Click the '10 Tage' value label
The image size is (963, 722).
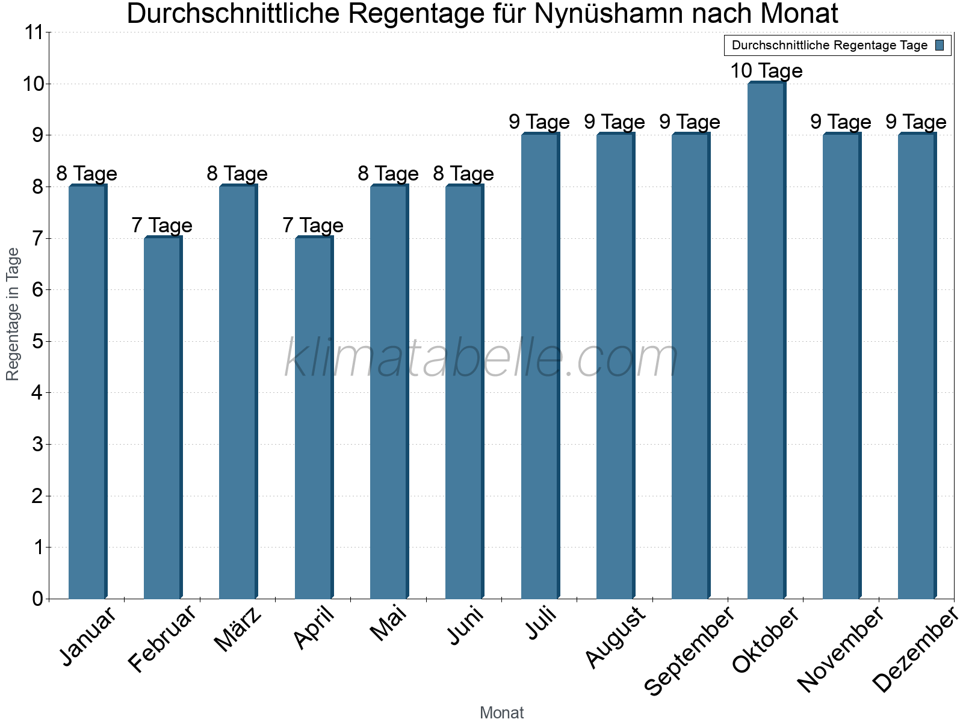tap(766, 71)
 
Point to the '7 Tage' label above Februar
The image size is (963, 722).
tap(162, 226)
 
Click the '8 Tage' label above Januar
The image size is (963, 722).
tap(87, 174)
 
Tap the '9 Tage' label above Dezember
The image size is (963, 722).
tap(915, 122)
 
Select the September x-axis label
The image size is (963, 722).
tap(690, 650)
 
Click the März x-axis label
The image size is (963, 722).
tap(238, 629)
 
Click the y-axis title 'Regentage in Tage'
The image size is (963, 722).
tap(13, 314)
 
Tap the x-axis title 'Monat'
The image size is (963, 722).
tap(501, 712)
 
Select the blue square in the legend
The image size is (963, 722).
tap(940, 45)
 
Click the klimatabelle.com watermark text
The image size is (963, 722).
tap(482, 359)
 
